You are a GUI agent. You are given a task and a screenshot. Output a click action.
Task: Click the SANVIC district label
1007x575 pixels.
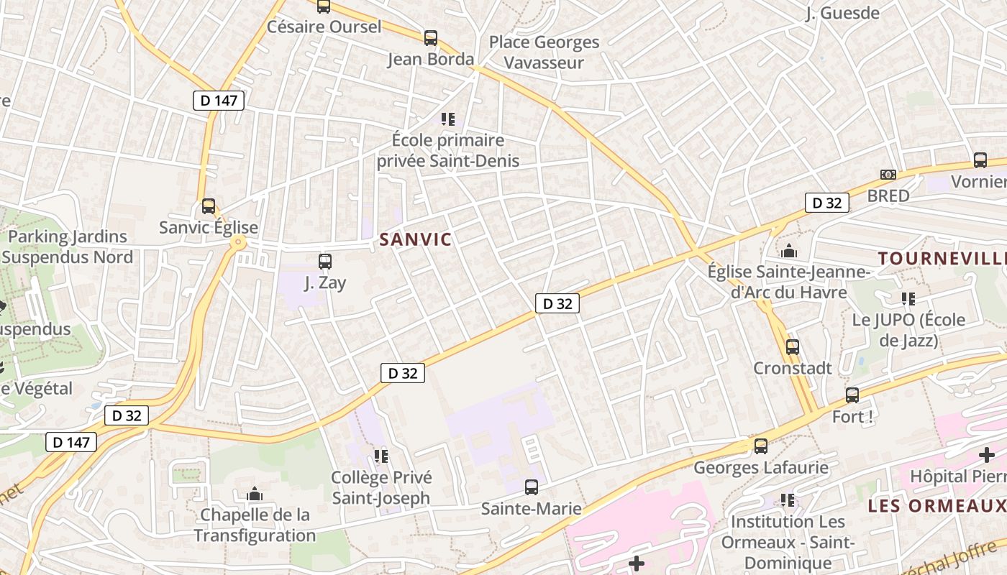click(415, 239)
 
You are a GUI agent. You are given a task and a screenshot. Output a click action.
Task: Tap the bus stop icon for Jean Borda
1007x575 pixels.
click(431, 38)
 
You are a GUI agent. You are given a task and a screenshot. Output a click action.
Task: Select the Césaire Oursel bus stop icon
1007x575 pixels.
click(324, 6)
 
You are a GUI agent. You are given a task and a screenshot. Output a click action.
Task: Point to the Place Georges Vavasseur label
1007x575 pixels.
click(544, 52)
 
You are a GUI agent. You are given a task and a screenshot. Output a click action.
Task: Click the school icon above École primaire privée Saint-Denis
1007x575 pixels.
click(448, 119)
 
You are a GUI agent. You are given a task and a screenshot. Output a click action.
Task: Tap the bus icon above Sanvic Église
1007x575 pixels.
click(209, 206)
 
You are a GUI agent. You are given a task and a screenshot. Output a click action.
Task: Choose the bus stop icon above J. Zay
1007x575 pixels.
click(325, 262)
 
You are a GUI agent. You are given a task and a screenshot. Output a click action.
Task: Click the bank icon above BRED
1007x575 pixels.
click(888, 175)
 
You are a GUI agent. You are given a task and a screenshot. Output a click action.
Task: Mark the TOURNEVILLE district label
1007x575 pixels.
click(942, 258)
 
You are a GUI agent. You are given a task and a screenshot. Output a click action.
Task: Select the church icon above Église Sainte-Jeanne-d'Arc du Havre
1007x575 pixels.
click(789, 251)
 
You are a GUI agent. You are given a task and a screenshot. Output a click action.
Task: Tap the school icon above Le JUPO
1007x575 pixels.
click(908, 298)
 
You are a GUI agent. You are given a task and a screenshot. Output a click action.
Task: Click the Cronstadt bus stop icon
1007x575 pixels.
click(793, 347)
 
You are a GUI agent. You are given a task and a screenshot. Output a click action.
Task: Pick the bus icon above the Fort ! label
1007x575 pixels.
click(852, 395)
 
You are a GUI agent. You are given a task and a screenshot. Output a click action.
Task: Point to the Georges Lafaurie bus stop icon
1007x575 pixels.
click(761, 446)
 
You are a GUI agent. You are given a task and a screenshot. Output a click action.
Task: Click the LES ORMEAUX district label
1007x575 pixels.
click(937, 505)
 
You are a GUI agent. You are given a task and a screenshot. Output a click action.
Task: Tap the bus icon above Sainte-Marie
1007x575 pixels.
click(532, 487)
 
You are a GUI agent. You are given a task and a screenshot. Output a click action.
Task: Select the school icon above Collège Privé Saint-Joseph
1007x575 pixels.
click(381, 456)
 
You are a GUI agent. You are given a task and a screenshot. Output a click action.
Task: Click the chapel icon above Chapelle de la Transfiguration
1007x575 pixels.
click(255, 494)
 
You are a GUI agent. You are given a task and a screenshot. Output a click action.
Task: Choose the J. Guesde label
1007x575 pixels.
click(843, 13)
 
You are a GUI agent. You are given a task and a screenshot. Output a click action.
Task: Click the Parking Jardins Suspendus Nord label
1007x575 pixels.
click(68, 247)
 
